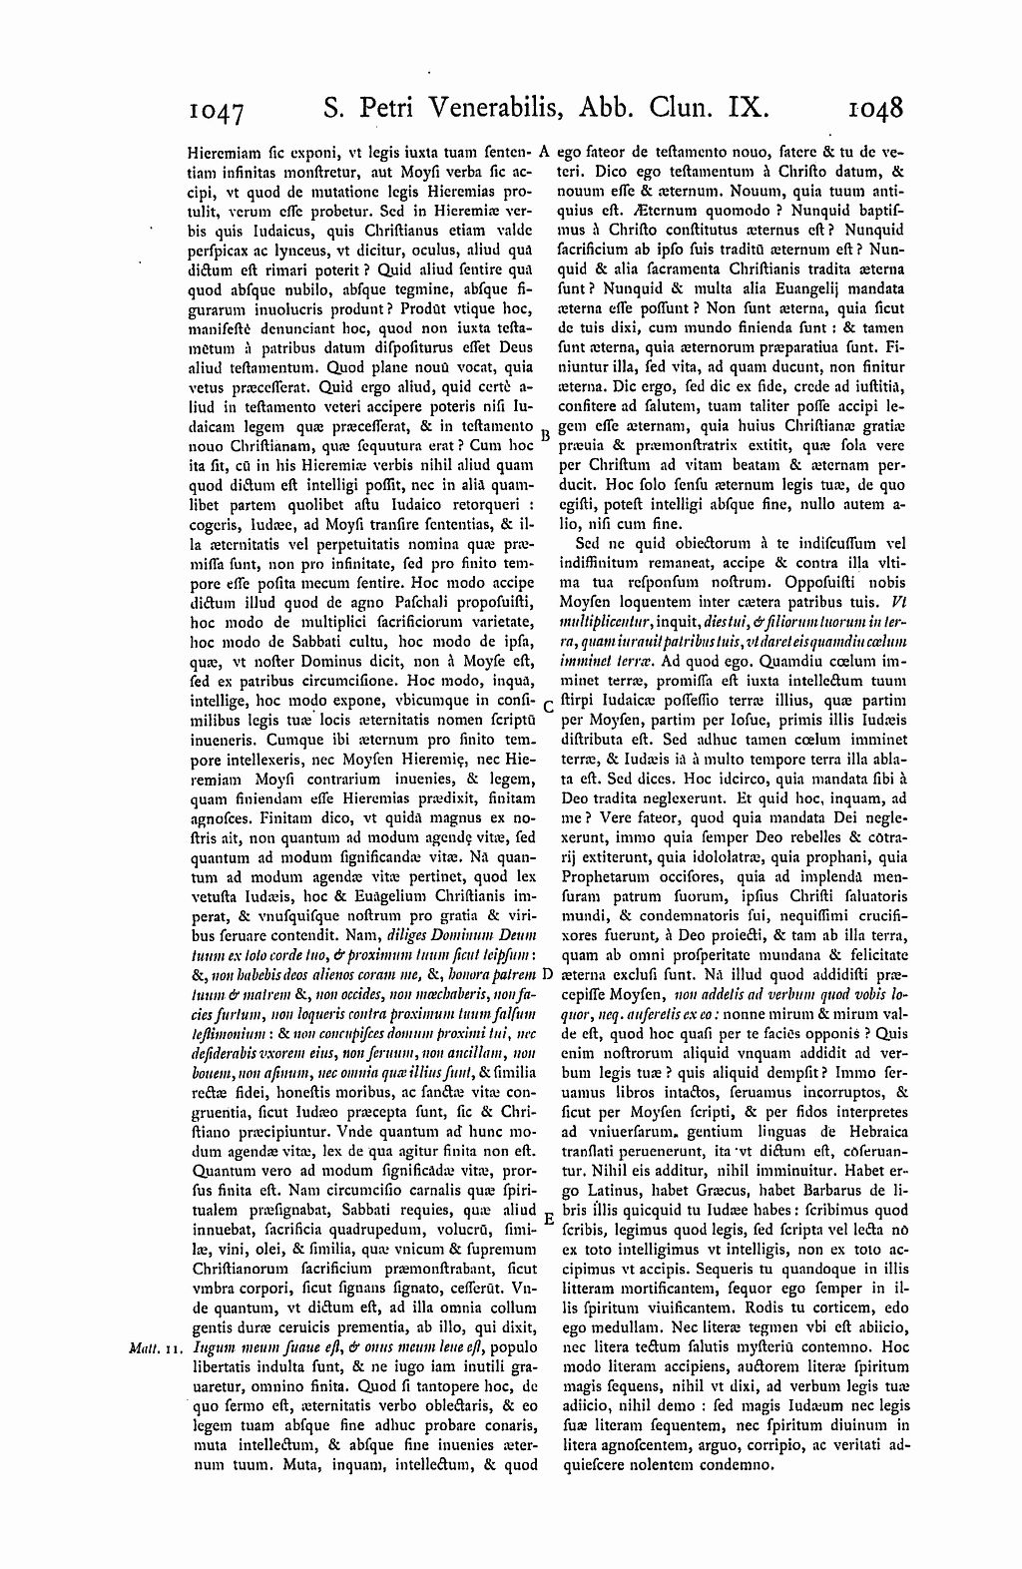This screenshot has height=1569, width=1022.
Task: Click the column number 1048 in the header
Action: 874,108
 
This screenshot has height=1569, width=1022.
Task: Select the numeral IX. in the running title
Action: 744,108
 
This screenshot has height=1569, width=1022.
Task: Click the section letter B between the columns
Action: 546,435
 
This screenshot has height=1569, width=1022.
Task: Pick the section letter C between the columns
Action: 547,710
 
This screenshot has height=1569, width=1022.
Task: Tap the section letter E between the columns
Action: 547,1219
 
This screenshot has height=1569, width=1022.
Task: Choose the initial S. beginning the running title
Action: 333,108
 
